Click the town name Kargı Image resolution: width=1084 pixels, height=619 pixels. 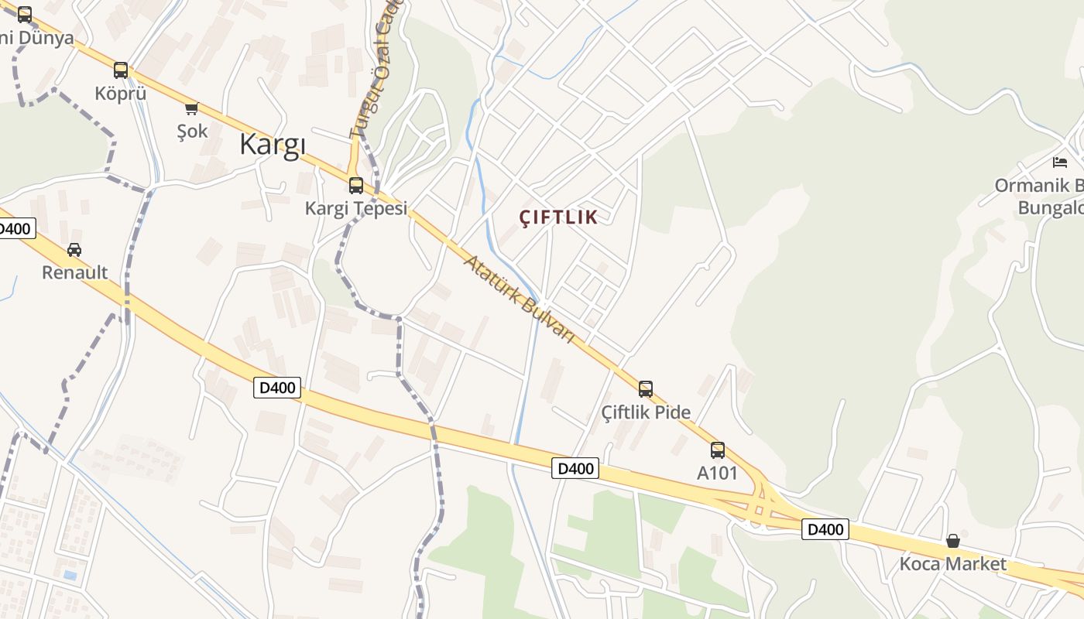273,145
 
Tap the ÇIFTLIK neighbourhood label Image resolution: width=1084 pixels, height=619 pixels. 558,217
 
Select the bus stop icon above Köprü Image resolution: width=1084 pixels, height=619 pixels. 120,70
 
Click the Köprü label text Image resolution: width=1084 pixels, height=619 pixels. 120,94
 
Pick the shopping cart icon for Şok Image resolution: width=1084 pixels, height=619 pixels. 191,108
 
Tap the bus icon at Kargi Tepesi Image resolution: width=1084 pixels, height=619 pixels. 356,186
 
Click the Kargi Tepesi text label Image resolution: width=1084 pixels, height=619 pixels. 355,208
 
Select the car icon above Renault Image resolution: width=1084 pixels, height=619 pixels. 74,250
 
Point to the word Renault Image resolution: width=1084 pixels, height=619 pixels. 74,272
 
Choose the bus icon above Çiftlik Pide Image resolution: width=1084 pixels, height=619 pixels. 646,389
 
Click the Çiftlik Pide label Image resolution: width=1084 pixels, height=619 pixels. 646,412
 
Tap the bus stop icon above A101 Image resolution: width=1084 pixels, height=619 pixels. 718,450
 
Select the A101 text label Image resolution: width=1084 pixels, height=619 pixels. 718,473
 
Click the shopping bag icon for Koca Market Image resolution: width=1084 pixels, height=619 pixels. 953,541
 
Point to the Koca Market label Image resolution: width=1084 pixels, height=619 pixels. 953,563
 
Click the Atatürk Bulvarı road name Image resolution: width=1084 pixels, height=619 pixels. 519,299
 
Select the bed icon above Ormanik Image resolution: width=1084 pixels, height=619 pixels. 1060,162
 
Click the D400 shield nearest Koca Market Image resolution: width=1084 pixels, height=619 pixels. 825,530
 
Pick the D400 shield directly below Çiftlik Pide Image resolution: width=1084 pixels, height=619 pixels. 575,468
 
